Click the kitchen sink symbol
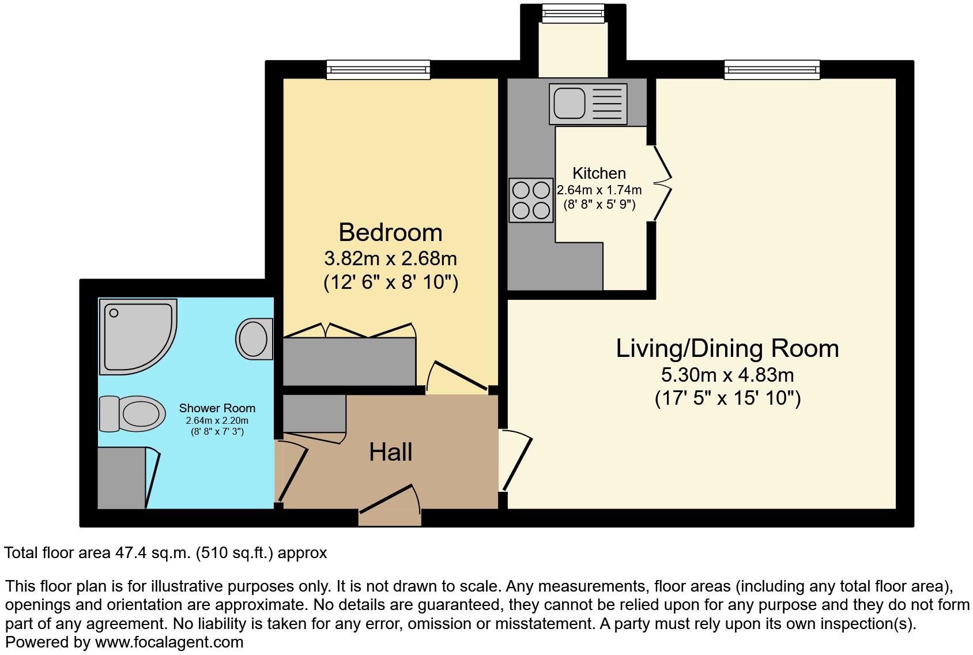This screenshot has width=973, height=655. [x=588, y=104]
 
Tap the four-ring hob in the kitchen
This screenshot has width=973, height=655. [x=530, y=200]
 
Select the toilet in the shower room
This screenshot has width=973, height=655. [x=131, y=413]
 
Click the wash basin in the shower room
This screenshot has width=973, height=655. [x=254, y=338]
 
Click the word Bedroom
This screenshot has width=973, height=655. [x=390, y=232]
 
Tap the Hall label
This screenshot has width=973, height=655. [x=390, y=452]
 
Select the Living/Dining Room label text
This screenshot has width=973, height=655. [x=727, y=348]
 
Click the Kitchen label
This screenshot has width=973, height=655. [x=599, y=173]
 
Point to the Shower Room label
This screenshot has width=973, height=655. [x=217, y=408]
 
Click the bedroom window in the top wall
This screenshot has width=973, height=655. [x=378, y=70]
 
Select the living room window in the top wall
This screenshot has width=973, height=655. [x=772, y=70]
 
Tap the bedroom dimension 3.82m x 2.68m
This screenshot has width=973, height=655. [x=390, y=258]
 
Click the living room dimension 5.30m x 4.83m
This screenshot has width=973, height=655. [x=727, y=375]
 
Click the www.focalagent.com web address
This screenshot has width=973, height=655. [x=169, y=642]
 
